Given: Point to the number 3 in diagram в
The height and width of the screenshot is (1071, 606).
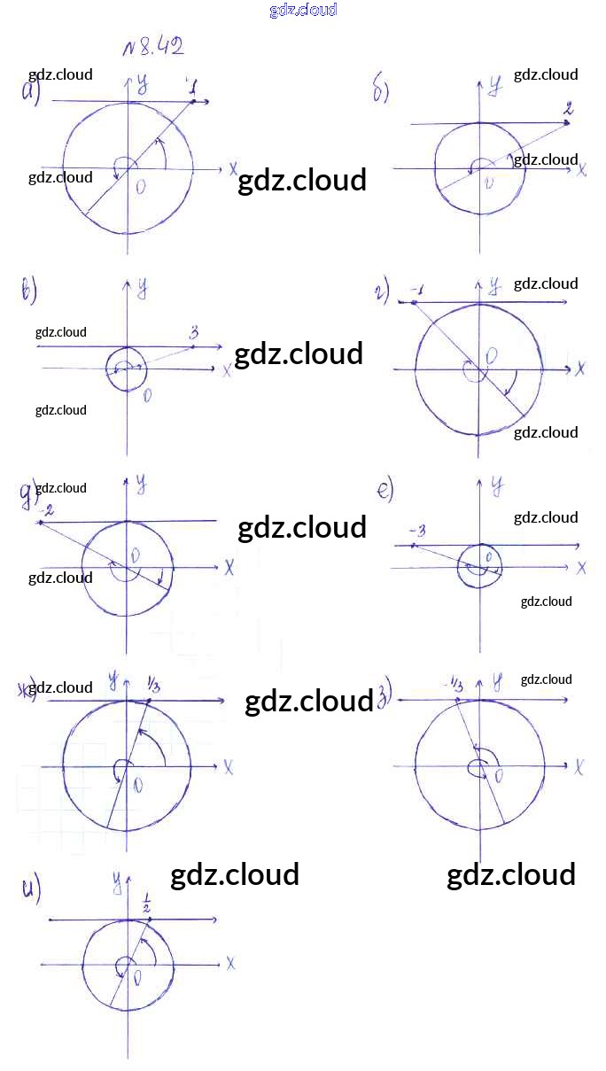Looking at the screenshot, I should click(x=193, y=333).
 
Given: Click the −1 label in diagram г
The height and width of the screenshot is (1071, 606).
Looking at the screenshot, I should click(x=417, y=291).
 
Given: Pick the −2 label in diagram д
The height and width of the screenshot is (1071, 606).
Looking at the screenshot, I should click(x=47, y=511).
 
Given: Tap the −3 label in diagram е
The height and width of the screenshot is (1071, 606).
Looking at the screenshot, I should click(x=418, y=531).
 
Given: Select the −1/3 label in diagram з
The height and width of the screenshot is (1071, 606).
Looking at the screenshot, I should click(x=455, y=683).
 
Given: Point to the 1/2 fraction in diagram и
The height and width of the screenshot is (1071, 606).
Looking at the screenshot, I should click(x=146, y=905).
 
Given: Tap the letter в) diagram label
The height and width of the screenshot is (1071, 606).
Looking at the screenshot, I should click(x=28, y=291).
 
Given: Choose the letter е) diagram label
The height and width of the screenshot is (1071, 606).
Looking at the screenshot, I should click(x=385, y=490).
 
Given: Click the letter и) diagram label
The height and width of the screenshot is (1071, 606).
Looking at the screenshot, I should click(x=32, y=889).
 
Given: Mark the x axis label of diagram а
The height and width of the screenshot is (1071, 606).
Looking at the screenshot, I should click(x=232, y=168).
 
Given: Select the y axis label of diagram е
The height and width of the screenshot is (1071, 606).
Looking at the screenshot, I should click(x=497, y=485).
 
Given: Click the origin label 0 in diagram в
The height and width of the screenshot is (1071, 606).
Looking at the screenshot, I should click(x=147, y=396).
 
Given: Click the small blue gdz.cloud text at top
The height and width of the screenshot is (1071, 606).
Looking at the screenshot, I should click(x=303, y=11).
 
